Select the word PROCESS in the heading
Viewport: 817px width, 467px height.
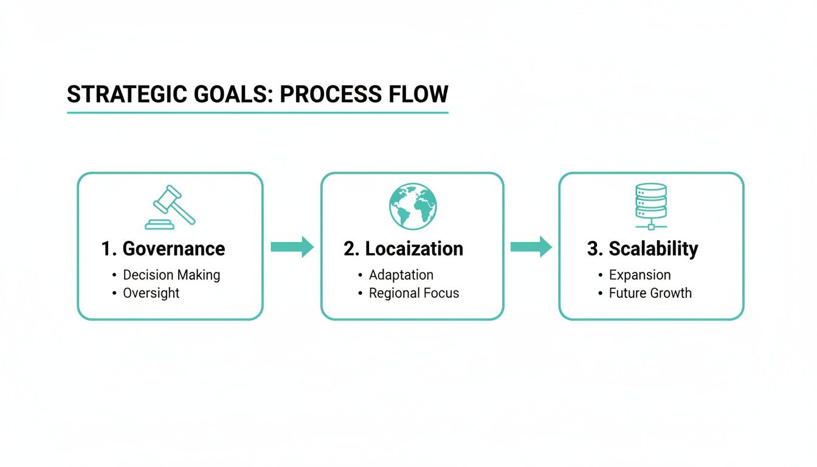(326, 95)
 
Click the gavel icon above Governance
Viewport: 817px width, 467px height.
(170, 207)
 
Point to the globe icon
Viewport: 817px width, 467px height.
(413, 206)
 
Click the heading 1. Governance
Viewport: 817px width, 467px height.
(163, 249)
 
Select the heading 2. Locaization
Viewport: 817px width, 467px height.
(403, 249)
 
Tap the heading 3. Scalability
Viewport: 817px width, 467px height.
(643, 249)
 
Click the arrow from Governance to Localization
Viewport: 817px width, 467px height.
(292, 246)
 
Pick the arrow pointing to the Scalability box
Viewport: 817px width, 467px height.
(531, 246)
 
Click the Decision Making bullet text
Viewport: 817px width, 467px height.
(171, 275)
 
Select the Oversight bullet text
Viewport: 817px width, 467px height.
(151, 293)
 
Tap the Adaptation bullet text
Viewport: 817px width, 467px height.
(401, 275)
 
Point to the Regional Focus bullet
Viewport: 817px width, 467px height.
(414, 293)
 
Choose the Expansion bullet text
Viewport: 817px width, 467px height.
(639, 275)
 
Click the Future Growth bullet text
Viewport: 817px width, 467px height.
(650, 293)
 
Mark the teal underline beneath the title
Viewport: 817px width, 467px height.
(257, 112)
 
